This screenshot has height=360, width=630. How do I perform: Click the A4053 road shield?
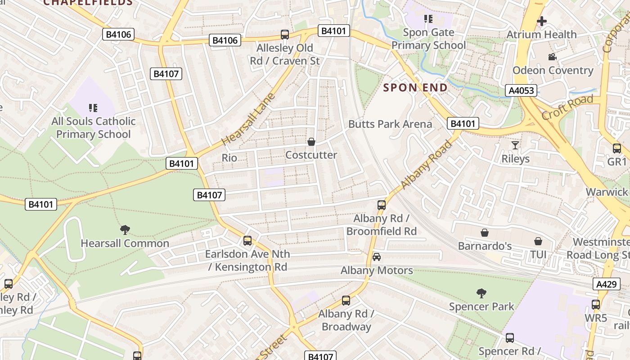522,90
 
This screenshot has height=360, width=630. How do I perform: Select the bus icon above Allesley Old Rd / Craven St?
284,35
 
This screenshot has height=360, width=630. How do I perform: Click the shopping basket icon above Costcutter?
311,142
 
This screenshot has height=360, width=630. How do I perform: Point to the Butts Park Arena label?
390,124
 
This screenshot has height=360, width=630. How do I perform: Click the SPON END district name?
415,88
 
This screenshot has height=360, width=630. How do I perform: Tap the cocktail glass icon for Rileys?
515,145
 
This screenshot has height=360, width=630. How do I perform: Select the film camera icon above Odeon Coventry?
552,57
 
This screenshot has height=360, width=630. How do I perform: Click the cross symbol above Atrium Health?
542,21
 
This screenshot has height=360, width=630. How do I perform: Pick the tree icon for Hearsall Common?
125,230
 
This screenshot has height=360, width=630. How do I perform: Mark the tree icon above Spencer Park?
481,293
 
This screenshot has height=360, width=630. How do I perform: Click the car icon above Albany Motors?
377,257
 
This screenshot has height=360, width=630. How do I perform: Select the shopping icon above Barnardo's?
485,233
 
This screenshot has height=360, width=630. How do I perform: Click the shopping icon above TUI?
538,242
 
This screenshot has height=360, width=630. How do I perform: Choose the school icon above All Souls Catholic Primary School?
93,108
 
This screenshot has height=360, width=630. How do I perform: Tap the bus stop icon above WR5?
596,305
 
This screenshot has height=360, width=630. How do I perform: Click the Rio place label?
229,157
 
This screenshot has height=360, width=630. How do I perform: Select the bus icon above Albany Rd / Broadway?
346,300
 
